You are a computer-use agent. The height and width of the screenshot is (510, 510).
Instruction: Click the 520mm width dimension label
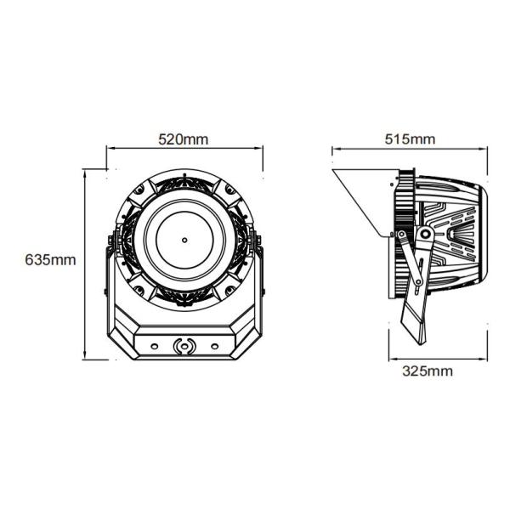[x=184, y=139]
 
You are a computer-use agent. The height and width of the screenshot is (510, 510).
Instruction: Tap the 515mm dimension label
[x=410, y=139]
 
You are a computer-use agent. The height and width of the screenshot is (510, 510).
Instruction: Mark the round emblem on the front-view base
[x=184, y=346]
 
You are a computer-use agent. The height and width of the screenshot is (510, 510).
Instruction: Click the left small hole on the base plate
[x=154, y=346]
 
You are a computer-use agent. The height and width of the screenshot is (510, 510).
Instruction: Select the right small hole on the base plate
[x=214, y=346]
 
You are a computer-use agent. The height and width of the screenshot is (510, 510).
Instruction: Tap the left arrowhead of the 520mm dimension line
[x=109, y=150]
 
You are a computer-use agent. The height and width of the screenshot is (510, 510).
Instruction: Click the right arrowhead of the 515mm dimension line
[x=484, y=150]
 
